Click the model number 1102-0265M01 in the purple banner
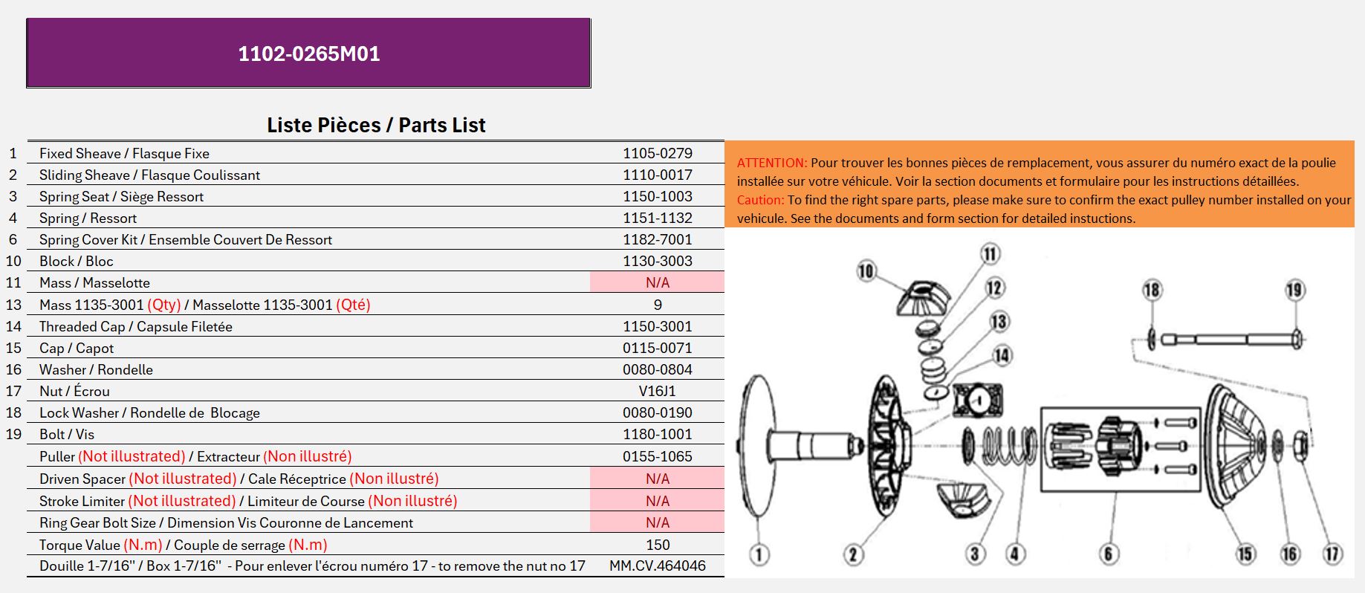click(309, 54)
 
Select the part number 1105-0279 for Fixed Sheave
click(658, 153)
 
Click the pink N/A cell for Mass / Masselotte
click(658, 282)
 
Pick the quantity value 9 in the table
click(658, 305)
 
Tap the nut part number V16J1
click(658, 391)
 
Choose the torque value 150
click(658, 545)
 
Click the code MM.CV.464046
click(658, 566)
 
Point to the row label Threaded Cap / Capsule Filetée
click(136, 326)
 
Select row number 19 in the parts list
click(13, 434)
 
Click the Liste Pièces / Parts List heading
click(376, 125)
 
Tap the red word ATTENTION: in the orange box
click(772, 163)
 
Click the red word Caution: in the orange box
click(760, 200)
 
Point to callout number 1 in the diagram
click(759, 554)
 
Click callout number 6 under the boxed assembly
click(1108, 554)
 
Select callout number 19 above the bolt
click(1294, 290)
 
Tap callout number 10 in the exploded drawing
click(866, 270)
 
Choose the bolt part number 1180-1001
click(658, 434)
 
